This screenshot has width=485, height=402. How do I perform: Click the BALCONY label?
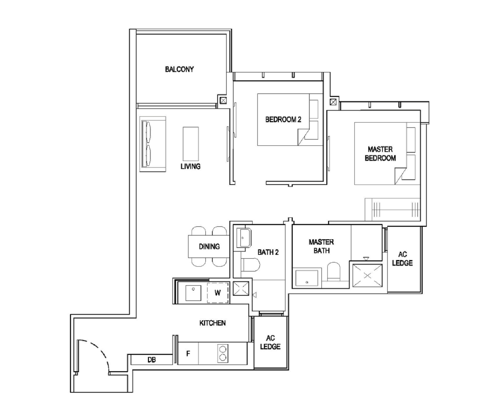click(x=179, y=69)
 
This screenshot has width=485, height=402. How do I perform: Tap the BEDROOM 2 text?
click(x=283, y=119)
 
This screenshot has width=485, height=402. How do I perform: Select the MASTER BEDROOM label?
click(x=380, y=154)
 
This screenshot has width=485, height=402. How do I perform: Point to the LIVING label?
click(x=190, y=167)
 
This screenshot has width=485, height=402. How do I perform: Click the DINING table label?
click(x=209, y=247)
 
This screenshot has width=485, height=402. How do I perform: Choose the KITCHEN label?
click(x=212, y=323)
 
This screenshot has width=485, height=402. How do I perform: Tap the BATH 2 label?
click(x=268, y=252)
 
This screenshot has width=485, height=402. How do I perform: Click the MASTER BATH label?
click(x=321, y=246)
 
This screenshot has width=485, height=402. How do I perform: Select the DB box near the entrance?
click(x=151, y=360)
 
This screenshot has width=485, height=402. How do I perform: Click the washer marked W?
click(x=218, y=293)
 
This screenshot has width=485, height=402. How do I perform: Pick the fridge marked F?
click(x=188, y=354)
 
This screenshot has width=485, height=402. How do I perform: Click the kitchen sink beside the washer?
click(x=193, y=293)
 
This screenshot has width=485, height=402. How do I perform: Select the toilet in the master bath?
click(x=334, y=271)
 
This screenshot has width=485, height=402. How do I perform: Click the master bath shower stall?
click(x=367, y=276)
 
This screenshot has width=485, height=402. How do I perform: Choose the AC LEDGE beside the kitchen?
click(x=270, y=342)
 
